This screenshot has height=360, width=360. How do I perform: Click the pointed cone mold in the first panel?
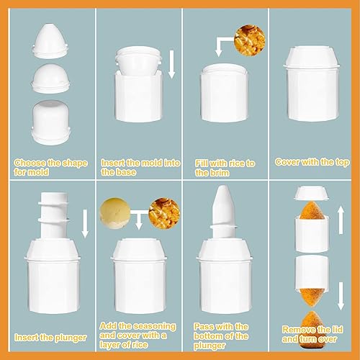point(50,40)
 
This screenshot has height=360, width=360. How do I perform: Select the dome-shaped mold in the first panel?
point(50,78)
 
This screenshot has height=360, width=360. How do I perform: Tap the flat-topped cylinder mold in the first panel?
point(50,122)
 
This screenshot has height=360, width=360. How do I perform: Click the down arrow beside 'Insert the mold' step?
point(171,64)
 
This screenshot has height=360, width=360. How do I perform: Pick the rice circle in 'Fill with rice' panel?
point(250,40)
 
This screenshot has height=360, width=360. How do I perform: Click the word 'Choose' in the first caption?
point(30,163)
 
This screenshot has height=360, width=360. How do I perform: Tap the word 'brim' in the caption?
point(219,173)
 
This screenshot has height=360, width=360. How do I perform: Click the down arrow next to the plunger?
point(85,223)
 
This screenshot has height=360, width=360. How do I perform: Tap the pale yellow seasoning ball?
point(115,213)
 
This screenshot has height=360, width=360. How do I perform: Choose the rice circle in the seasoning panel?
point(164,213)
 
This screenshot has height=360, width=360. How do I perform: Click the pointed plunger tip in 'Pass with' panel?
point(224,204)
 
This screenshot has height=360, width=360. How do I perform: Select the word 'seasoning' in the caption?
point(155,326)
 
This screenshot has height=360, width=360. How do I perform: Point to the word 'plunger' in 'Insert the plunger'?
point(71,338)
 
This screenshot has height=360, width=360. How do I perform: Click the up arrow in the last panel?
point(341,220)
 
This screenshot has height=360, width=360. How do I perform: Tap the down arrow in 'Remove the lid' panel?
point(341,296)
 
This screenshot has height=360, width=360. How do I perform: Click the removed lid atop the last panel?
point(312,193)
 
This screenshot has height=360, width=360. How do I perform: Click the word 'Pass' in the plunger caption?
point(203,327)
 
